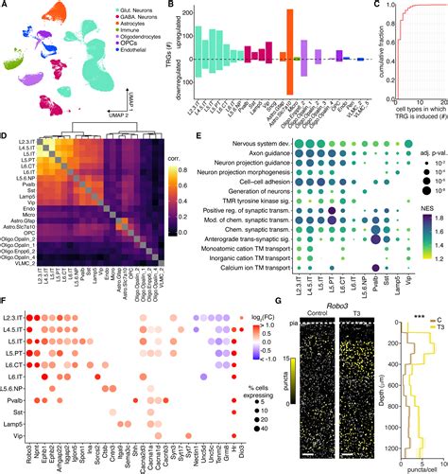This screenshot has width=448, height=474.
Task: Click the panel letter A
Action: click(x=6, y=7)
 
